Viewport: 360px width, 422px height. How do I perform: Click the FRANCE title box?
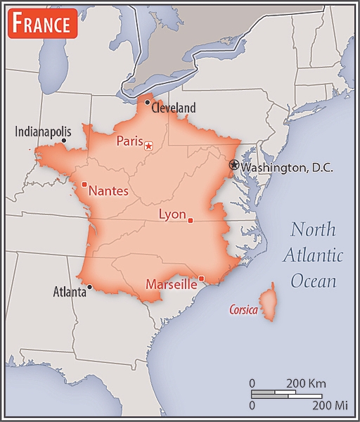click(x=41, y=24)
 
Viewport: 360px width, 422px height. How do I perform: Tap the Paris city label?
click(x=129, y=141)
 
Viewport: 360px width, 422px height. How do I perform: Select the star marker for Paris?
click(x=148, y=146)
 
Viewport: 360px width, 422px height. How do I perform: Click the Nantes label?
click(x=108, y=190)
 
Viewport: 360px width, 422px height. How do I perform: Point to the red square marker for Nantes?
click(x=84, y=185)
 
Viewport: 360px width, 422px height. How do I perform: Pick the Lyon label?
click(x=172, y=214)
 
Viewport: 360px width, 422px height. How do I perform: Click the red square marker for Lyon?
click(x=191, y=221)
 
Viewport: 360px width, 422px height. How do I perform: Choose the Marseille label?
click(x=171, y=285)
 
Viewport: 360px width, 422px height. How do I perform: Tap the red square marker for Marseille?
click(x=201, y=279)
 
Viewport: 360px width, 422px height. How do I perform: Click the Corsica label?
click(x=243, y=309)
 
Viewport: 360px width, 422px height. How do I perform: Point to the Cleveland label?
click(x=173, y=108)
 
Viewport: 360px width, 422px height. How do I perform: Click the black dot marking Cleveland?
click(x=147, y=103)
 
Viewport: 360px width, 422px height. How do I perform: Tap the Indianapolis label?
click(x=43, y=131)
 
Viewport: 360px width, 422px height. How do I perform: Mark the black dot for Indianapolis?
click(x=64, y=141)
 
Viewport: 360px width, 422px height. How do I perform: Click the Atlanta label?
click(x=70, y=292)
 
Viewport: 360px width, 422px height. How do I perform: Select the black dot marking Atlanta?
click(x=89, y=286)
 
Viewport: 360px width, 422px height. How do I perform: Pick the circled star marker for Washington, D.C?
click(x=234, y=165)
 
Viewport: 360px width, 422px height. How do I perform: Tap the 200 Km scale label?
click(x=307, y=384)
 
